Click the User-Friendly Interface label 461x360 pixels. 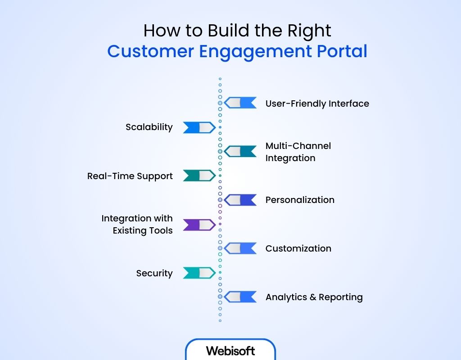point(317,103)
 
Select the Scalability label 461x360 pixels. point(149,127)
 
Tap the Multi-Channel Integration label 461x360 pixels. point(298,152)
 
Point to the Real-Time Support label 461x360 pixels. point(130,176)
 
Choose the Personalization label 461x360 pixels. point(300,200)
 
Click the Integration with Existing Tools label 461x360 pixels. point(137,225)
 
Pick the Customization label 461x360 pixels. point(298,248)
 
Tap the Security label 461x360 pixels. point(154,273)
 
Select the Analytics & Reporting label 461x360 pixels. point(314,297)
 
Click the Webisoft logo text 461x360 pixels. point(230,351)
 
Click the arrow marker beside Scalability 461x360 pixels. point(199,128)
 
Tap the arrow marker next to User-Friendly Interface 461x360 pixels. point(240,103)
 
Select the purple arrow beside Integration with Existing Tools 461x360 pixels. point(199,225)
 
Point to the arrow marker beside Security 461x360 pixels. point(199,273)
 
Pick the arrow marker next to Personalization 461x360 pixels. point(240,200)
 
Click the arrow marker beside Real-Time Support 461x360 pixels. point(199,175)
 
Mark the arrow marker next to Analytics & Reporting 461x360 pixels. point(240,297)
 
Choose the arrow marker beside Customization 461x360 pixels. point(240,248)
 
